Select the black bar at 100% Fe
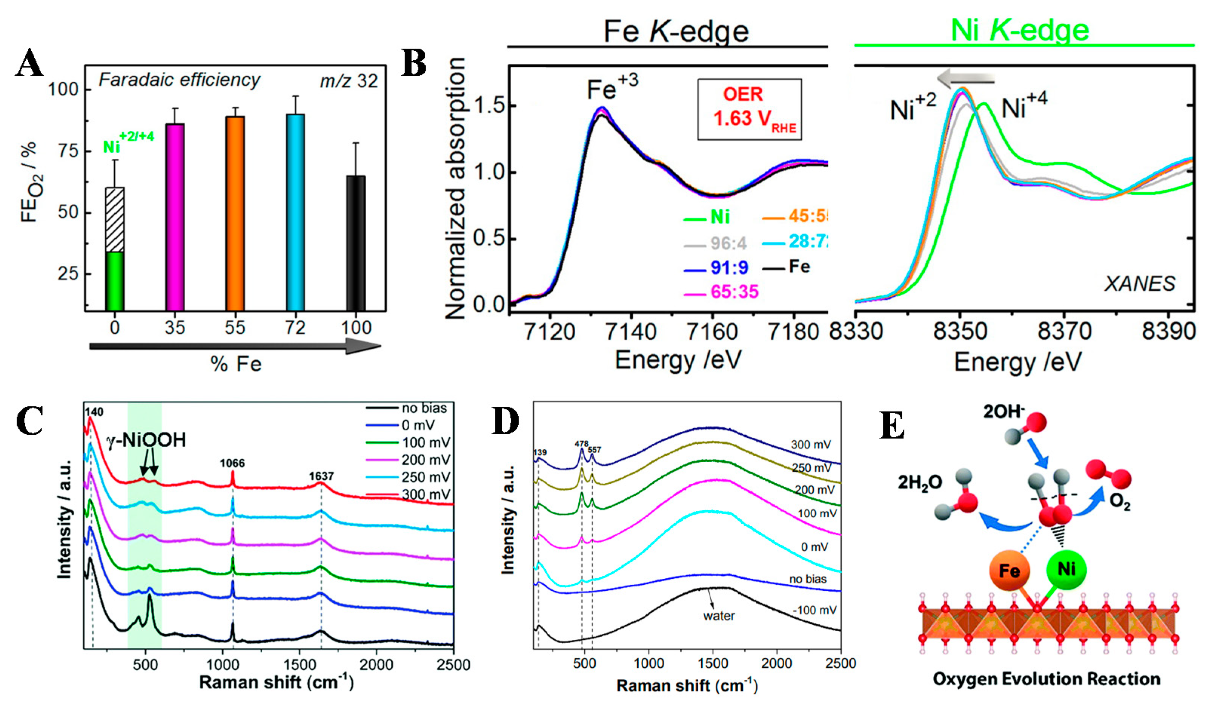[356, 243]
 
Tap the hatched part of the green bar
[115, 219]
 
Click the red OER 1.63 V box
[750, 110]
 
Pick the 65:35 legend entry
[722, 292]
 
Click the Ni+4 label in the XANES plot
[1024, 107]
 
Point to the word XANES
[1139, 284]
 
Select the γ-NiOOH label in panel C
[146, 440]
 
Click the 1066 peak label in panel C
[232, 463]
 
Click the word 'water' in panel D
[719, 616]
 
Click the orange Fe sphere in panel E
[1009, 571]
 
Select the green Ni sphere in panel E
[1066, 570]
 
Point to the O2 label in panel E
[1120, 502]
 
